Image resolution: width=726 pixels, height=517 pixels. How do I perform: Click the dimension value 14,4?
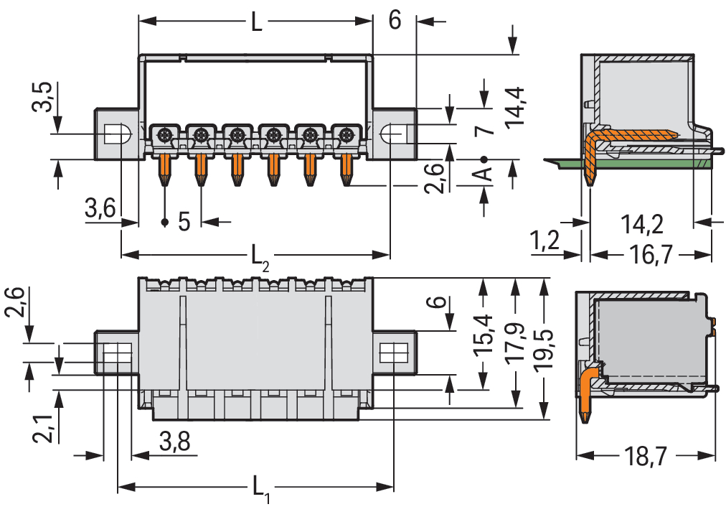[x=515, y=107]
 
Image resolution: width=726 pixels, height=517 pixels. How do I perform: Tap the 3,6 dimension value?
[x=100, y=209]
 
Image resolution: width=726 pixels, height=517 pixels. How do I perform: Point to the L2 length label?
[x=260, y=256]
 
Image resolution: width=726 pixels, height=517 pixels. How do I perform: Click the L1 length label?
[x=260, y=490]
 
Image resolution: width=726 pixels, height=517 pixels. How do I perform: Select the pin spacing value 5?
[x=184, y=221]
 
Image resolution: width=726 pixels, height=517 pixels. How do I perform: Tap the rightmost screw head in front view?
[x=347, y=134]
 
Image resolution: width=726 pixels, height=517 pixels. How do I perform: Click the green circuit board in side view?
[x=646, y=163]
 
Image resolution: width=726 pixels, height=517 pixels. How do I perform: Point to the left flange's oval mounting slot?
[x=116, y=134]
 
